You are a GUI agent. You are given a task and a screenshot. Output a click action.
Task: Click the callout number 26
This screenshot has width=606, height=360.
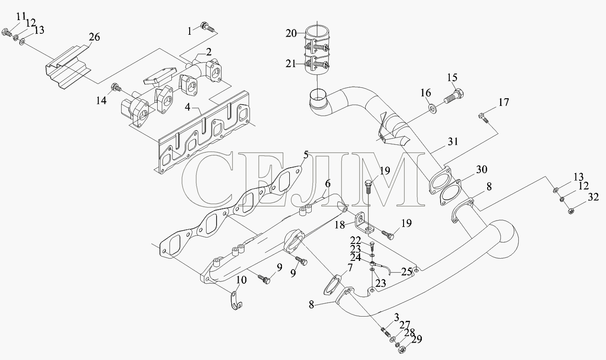click(95, 37)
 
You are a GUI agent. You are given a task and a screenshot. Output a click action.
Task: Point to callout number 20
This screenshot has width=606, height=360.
click(291, 34)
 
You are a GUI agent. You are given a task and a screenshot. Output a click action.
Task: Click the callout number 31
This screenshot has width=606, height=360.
click(453, 142)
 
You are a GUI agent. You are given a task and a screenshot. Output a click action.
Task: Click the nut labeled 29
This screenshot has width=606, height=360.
click(403, 350)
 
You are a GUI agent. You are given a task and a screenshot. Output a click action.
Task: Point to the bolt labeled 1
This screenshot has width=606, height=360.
click(207, 26)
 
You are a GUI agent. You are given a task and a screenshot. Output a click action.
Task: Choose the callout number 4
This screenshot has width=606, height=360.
click(188, 107)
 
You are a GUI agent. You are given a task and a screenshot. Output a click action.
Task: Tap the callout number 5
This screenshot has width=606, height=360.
click(306, 155)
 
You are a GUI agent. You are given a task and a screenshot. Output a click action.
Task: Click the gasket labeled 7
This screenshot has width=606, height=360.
click(332, 286)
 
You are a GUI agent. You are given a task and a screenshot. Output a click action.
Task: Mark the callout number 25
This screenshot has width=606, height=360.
click(407, 271)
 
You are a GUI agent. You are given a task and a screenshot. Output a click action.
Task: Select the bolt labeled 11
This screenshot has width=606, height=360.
click(7, 33)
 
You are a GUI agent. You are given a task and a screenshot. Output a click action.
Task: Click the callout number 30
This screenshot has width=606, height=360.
click(482, 169)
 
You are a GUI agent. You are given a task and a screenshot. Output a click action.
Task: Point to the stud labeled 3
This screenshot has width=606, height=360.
click(385, 332)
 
